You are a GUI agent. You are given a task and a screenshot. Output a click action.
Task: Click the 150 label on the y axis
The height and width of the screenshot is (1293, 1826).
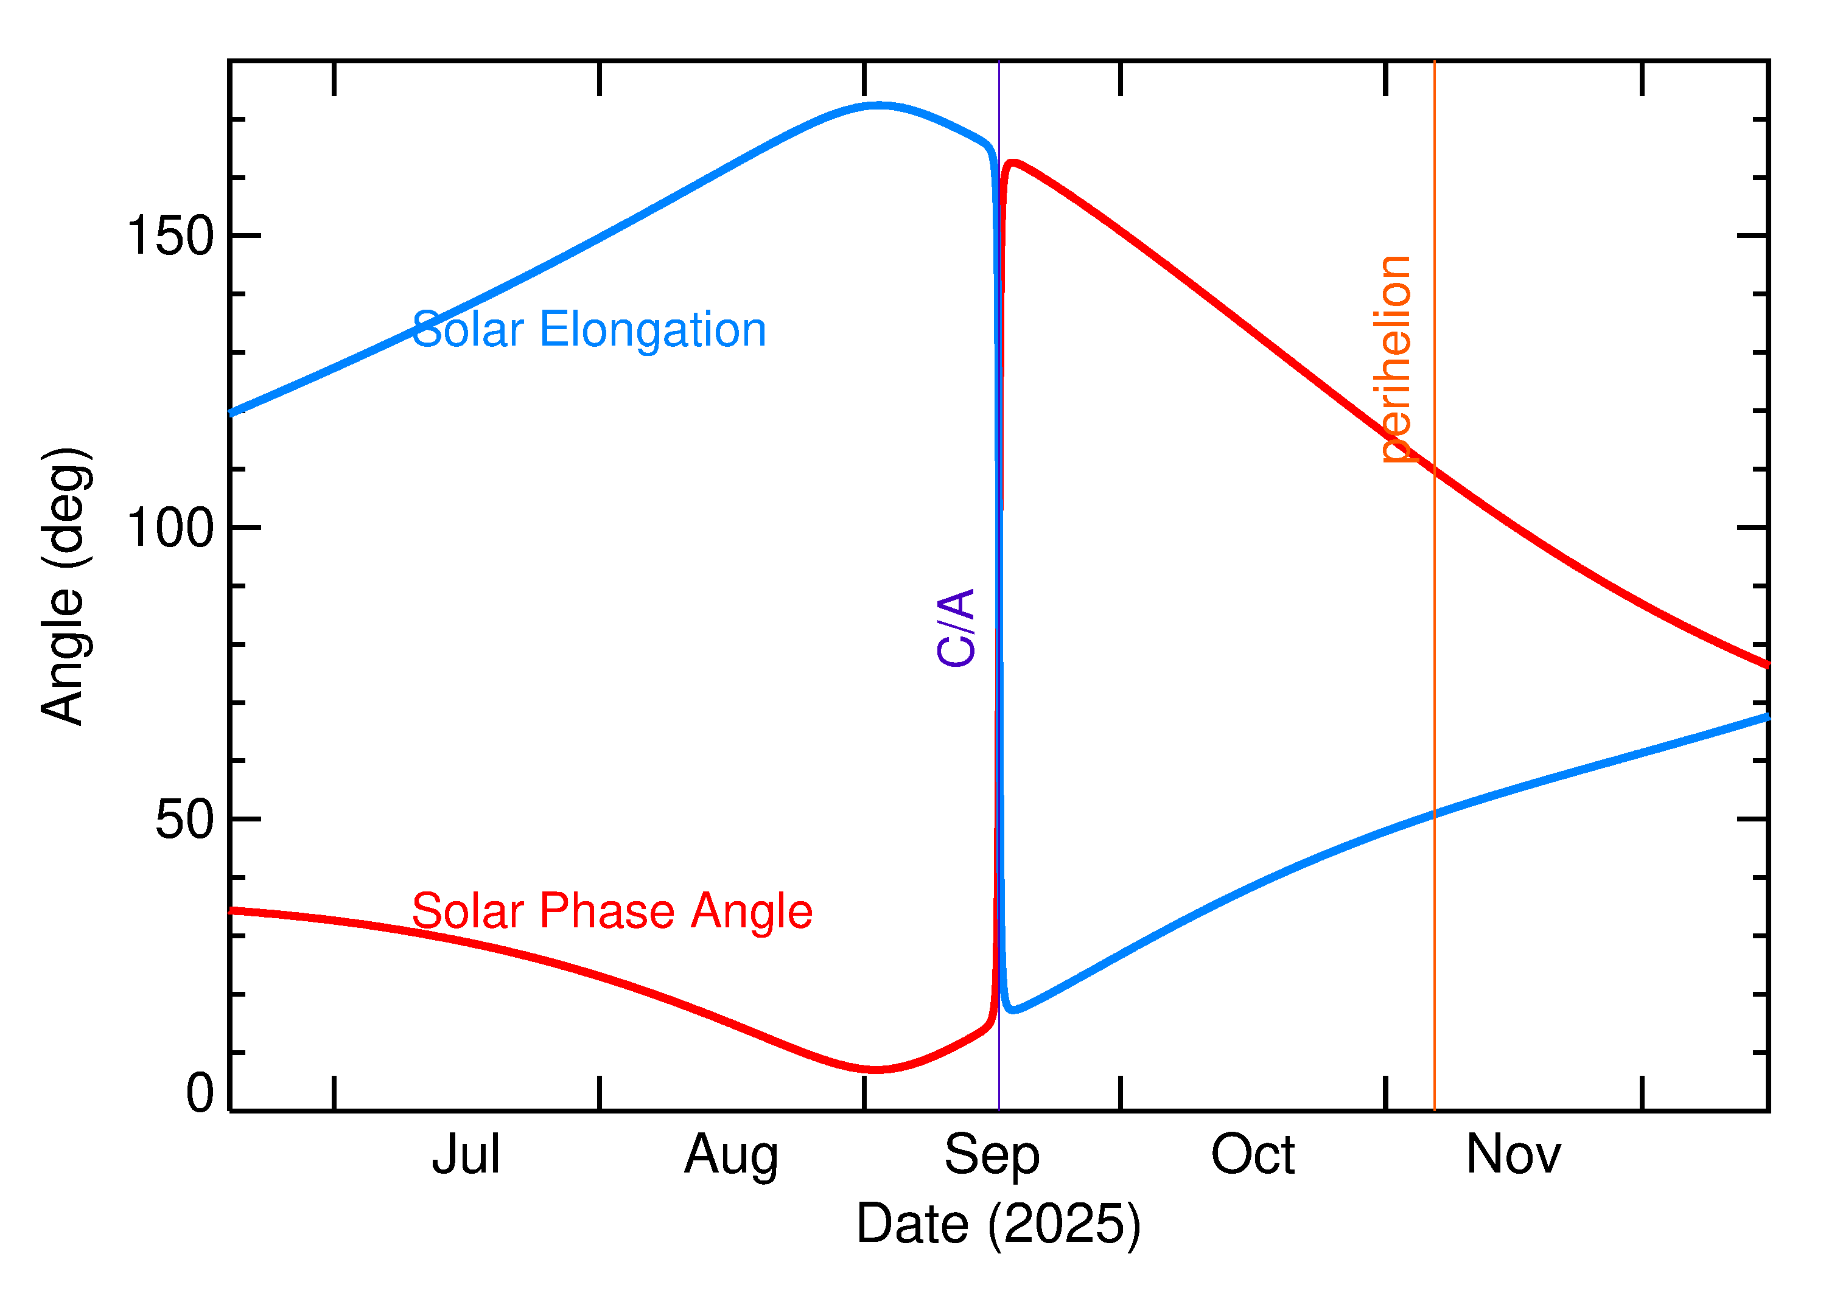170,237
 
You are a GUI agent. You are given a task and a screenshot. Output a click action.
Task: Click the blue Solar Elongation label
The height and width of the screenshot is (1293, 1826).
589,330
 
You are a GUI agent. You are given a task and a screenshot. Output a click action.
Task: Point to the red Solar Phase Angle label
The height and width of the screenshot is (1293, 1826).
612,911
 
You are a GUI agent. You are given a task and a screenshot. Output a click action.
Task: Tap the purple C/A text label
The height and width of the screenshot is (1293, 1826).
956,627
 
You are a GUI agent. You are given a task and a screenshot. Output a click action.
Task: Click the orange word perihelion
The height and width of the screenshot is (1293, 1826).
1395,359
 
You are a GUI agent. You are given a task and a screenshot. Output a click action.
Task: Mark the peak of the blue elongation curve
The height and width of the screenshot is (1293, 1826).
878,104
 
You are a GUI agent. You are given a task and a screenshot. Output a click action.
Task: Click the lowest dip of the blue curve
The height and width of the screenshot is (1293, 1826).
1012,1009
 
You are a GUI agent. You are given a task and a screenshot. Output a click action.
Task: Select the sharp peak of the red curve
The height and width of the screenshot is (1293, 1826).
1012,162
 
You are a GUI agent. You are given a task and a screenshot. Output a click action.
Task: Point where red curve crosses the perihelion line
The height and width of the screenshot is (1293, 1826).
1434,470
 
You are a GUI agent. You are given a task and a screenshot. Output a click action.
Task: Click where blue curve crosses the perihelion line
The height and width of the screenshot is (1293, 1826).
1434,814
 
